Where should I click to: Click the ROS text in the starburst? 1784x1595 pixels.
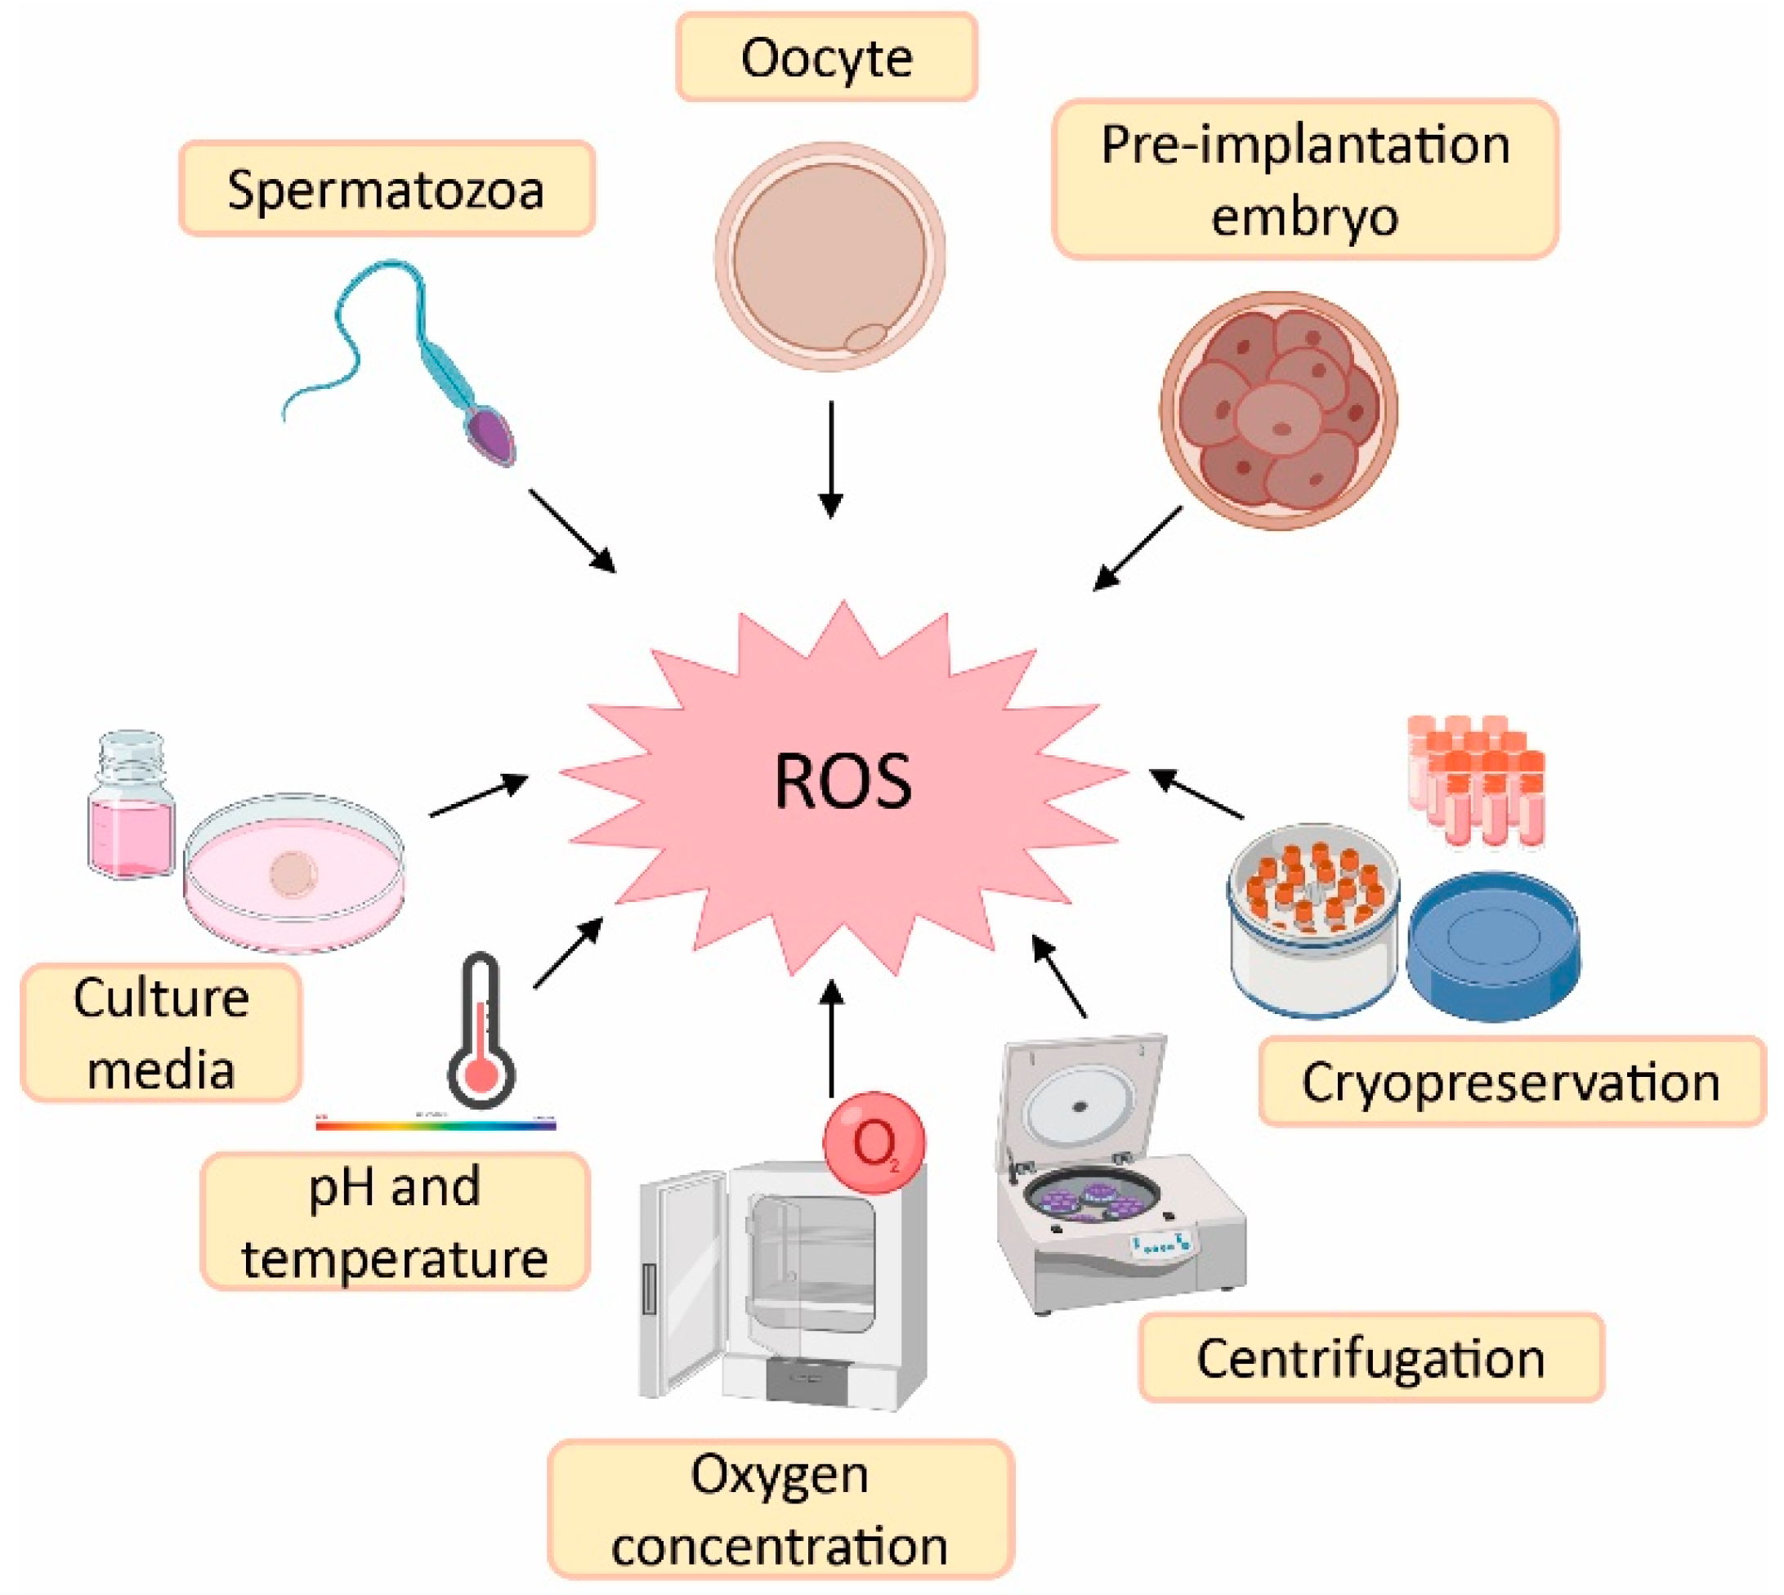[x=843, y=781]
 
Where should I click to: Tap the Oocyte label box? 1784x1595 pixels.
[x=826, y=58]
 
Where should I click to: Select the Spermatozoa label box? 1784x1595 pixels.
[x=387, y=190]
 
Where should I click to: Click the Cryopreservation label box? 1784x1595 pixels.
[x=1510, y=1081]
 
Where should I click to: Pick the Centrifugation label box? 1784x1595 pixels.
[x=1370, y=1358]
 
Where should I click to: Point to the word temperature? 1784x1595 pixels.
[x=395, y=1259]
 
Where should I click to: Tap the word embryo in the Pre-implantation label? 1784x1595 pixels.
[x=1303, y=216]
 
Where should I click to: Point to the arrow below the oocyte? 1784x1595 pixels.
[x=830, y=459]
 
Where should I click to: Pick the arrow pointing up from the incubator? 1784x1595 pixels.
[x=831, y=1038]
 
